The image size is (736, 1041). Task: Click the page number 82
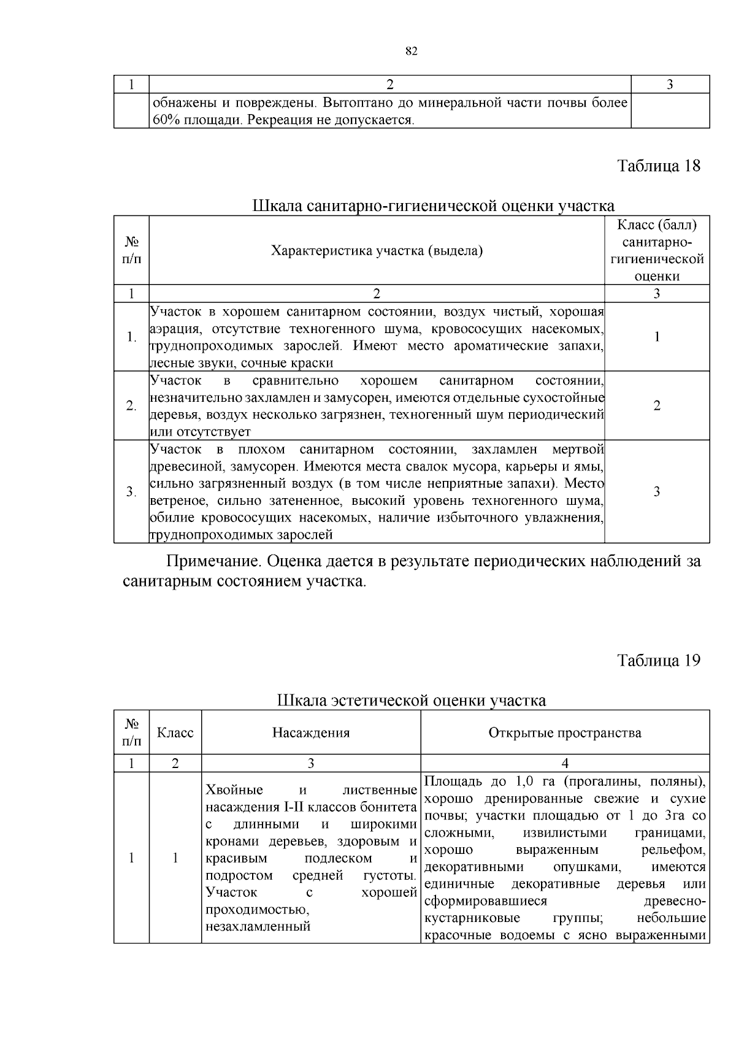point(412,52)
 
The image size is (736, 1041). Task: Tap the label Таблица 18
point(658,166)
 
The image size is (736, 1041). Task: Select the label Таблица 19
point(658,661)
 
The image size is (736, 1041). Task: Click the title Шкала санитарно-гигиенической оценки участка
point(433,206)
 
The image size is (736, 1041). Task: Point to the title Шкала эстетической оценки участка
point(412,700)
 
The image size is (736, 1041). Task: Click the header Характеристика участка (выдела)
point(377,250)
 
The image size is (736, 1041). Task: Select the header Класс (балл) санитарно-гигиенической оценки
point(657,250)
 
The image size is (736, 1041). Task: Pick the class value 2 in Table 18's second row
point(657,405)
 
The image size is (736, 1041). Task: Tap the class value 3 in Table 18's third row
point(657,491)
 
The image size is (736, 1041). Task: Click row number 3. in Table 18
point(131,491)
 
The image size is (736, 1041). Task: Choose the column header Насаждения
point(311,732)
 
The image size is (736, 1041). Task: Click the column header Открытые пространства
point(565,732)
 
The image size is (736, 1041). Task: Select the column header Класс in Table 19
point(175,732)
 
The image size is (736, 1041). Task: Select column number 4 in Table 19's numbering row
point(565,763)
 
